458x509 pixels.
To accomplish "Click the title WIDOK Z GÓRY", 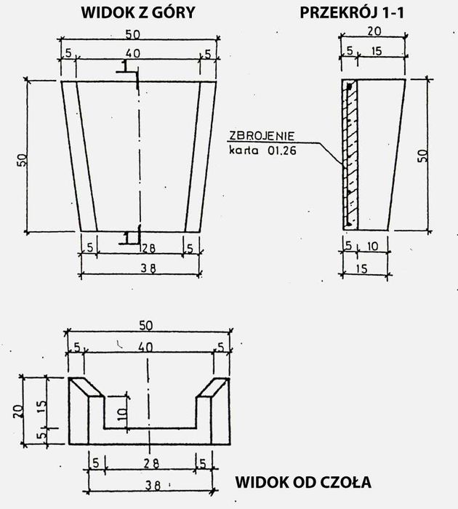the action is click(x=138, y=13).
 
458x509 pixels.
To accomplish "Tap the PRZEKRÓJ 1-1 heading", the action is click(x=352, y=12).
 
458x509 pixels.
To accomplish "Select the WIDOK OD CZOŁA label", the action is click(x=303, y=482).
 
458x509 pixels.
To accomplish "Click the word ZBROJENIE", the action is click(x=262, y=135).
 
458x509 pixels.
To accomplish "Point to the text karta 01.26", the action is click(x=262, y=151).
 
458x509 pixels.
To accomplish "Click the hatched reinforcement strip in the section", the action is click(x=350, y=155).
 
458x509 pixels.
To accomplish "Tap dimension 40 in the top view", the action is click(x=133, y=53).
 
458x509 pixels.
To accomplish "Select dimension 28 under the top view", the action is click(x=148, y=249).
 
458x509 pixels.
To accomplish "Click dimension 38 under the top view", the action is click(x=148, y=268).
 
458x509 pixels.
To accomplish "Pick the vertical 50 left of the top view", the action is click(x=22, y=160).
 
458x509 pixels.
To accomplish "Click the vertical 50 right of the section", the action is click(x=422, y=156).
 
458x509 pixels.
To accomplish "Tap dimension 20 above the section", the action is click(x=374, y=31).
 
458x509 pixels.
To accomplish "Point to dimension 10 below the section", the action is click(x=372, y=247).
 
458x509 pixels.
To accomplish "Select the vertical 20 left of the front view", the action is click(x=18, y=411).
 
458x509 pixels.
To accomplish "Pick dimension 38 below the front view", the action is click(x=153, y=485).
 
